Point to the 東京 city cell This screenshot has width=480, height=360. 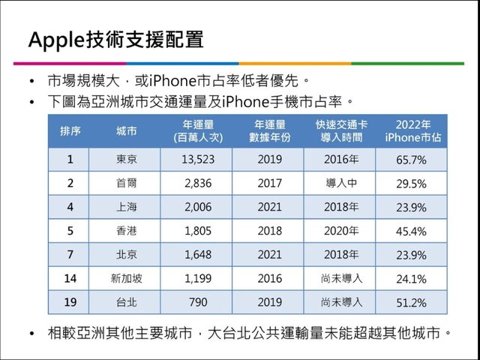click(x=126, y=160)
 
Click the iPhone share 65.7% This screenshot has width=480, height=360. click(x=411, y=160)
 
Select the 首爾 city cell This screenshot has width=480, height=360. click(x=126, y=184)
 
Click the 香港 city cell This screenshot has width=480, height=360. click(x=126, y=231)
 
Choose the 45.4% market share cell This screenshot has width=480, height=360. click(x=411, y=232)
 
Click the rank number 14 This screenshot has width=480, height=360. click(x=70, y=279)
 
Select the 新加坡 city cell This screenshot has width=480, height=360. click(x=126, y=279)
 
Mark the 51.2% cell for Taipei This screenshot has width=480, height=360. click(x=411, y=303)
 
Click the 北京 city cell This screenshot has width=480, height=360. click(x=126, y=255)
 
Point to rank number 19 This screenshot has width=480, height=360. click(x=70, y=302)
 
